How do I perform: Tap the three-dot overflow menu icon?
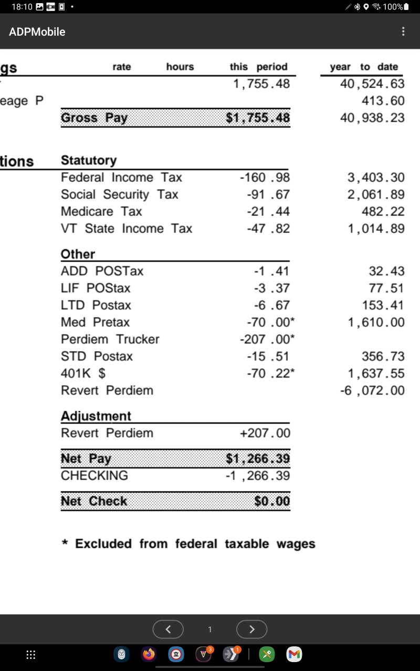pos(403,31)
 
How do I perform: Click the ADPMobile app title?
pos(37,31)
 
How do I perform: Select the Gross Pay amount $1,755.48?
pos(258,118)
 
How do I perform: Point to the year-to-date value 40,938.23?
pos(372,118)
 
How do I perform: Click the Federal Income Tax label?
pos(121,178)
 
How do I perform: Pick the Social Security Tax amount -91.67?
pos(268,194)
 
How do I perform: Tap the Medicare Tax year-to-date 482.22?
pos(383,211)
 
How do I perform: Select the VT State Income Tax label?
pos(127,229)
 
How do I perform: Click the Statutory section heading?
pos(89,160)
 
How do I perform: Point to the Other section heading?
pos(78,254)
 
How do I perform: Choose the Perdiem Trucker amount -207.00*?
pos(267,339)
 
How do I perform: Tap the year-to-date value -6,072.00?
pos(372,391)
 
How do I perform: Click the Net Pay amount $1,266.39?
pos(258,459)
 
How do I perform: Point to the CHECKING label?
pos(94,475)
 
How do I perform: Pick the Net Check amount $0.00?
pos(272,501)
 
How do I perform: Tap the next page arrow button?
pos(251,629)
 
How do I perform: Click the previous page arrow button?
pos(168,629)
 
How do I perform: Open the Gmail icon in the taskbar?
pos(295,654)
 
